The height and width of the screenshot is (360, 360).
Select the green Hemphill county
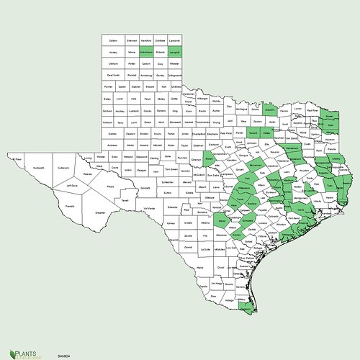click(x=181, y=53)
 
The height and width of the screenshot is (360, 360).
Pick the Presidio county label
click(x=70, y=206)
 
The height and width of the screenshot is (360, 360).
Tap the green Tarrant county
click(x=252, y=133)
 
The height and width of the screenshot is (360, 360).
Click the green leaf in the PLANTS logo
click(x=9, y=345)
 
